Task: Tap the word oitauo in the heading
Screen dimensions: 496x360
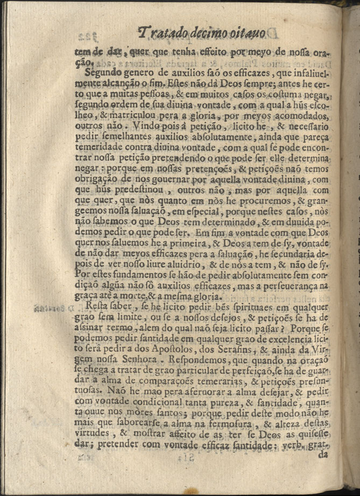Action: pos(246,34)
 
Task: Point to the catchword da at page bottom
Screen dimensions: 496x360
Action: pos(323,454)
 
